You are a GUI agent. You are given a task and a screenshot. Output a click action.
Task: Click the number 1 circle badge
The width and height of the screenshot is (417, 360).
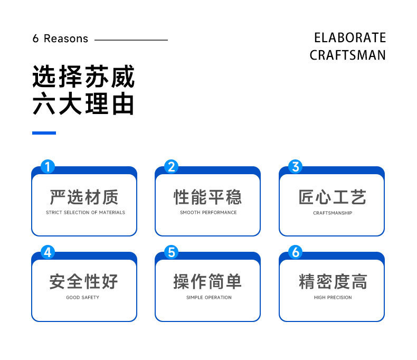pos(48,167)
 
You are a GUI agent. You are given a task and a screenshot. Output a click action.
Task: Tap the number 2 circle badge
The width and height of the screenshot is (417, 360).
pos(171,167)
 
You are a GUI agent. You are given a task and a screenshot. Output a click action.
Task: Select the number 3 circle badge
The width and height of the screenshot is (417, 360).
pos(295,167)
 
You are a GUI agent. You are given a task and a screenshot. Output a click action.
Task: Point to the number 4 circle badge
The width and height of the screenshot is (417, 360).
pos(48,252)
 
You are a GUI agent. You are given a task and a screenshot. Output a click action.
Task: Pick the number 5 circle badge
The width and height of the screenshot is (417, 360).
pos(171,252)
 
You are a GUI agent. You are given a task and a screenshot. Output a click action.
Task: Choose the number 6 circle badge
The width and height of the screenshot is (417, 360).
pos(295,252)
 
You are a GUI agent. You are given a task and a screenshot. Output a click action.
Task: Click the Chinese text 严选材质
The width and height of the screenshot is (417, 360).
pos(84,197)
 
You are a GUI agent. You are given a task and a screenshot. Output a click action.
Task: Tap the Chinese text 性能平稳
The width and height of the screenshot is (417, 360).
pos(208,197)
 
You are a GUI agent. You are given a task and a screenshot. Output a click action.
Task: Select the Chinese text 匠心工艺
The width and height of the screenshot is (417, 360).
pos(332,197)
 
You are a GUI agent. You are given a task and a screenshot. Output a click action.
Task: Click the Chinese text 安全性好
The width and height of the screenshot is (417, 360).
pos(84,281)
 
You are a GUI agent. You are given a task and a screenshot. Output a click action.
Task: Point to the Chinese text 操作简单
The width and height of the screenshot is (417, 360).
pos(208,281)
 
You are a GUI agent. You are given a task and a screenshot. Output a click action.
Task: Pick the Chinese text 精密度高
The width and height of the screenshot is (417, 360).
pos(332,281)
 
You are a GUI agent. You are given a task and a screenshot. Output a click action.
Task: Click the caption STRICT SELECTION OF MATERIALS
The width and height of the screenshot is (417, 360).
pos(85,213)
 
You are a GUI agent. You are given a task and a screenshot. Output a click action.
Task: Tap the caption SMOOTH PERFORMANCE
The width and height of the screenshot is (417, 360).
pos(208,213)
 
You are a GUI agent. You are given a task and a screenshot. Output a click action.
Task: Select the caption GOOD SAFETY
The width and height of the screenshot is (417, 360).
pos(82,298)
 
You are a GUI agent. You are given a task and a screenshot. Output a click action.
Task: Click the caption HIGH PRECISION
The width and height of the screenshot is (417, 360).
pos(333,298)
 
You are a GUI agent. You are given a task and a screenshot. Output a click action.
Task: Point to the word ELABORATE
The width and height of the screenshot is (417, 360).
pos(350,38)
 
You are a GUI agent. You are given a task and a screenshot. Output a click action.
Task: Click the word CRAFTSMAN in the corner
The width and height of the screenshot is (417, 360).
pos(347,55)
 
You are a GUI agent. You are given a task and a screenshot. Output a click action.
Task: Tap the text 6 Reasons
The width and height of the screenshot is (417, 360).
pos(60,39)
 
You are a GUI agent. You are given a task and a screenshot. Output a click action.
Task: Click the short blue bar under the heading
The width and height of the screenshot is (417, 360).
pos(44,132)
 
